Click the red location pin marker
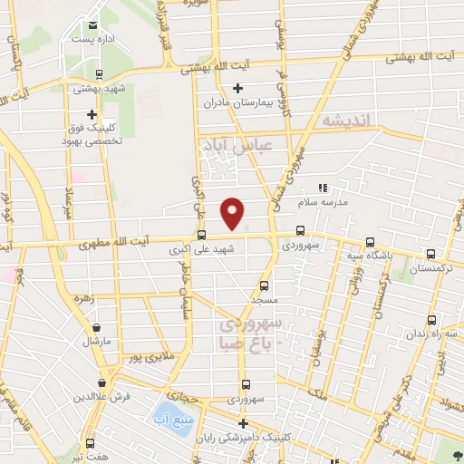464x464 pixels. point(233,211)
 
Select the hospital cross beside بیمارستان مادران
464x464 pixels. point(237,88)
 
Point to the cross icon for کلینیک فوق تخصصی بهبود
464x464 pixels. point(92,114)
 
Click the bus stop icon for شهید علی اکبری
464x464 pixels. point(201,233)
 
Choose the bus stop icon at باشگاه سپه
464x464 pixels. point(369,242)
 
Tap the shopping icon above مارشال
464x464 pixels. point(96,329)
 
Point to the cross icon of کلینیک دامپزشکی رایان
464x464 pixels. point(242,423)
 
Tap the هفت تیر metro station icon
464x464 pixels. point(90,443)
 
